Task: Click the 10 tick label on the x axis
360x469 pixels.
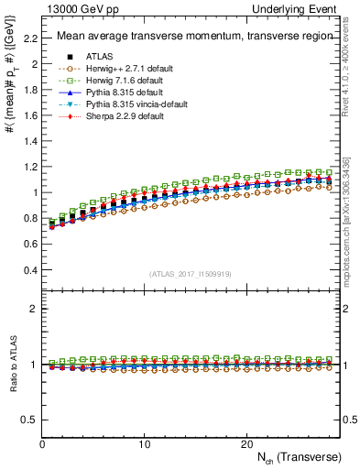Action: point(144,443)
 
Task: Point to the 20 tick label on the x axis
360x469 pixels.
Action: point(246,443)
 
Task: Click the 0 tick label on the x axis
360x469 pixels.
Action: point(42,443)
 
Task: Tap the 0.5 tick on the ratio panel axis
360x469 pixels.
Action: point(29,420)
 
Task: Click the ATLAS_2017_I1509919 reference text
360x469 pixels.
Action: point(191,274)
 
